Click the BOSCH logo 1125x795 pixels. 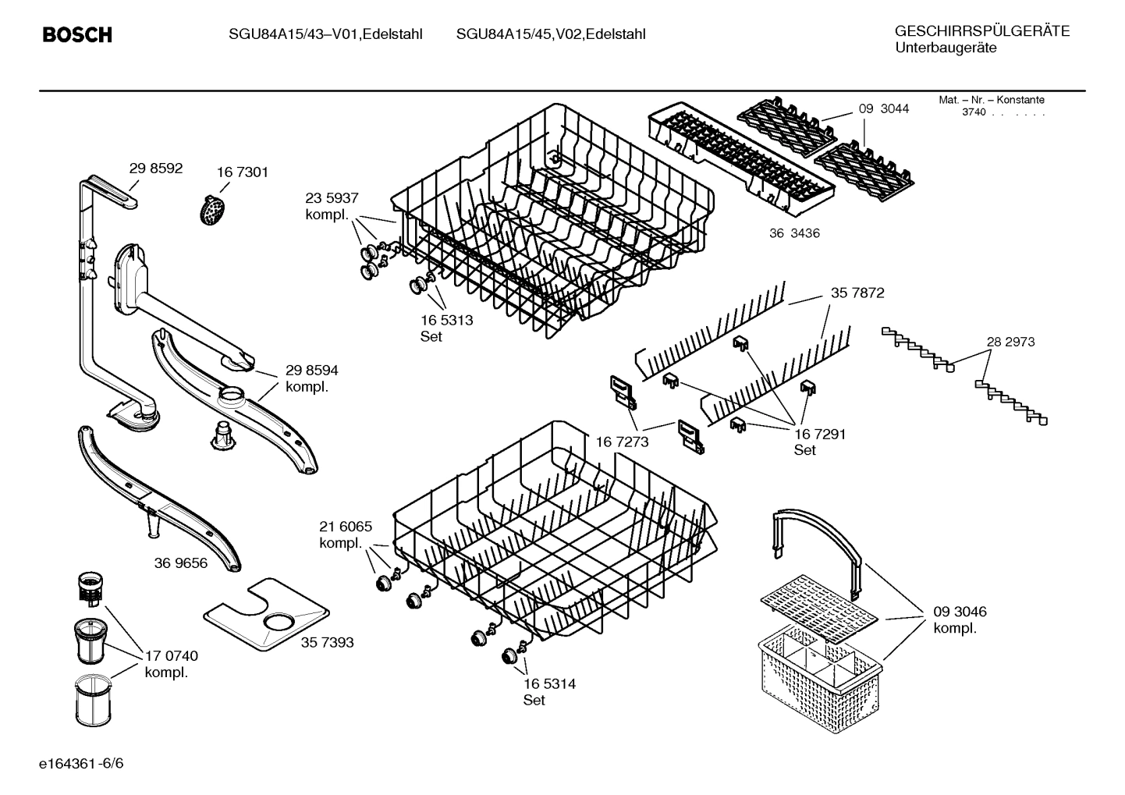pos(76,35)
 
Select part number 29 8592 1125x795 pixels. pos(156,168)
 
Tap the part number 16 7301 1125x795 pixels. pos(242,172)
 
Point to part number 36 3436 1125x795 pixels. pos(794,233)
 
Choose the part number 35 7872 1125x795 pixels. pos(857,293)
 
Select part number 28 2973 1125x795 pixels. pos(1010,342)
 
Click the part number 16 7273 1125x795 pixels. pos(622,442)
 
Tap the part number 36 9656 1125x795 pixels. pos(181,563)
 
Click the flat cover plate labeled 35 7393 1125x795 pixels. pos(265,614)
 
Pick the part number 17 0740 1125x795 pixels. pos(171,656)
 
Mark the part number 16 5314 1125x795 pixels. pos(549,683)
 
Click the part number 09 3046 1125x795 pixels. pos(960,612)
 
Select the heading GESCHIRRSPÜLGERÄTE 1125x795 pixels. pos(981,31)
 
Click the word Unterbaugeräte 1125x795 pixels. pos(945,48)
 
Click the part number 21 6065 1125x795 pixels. pos(346,527)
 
